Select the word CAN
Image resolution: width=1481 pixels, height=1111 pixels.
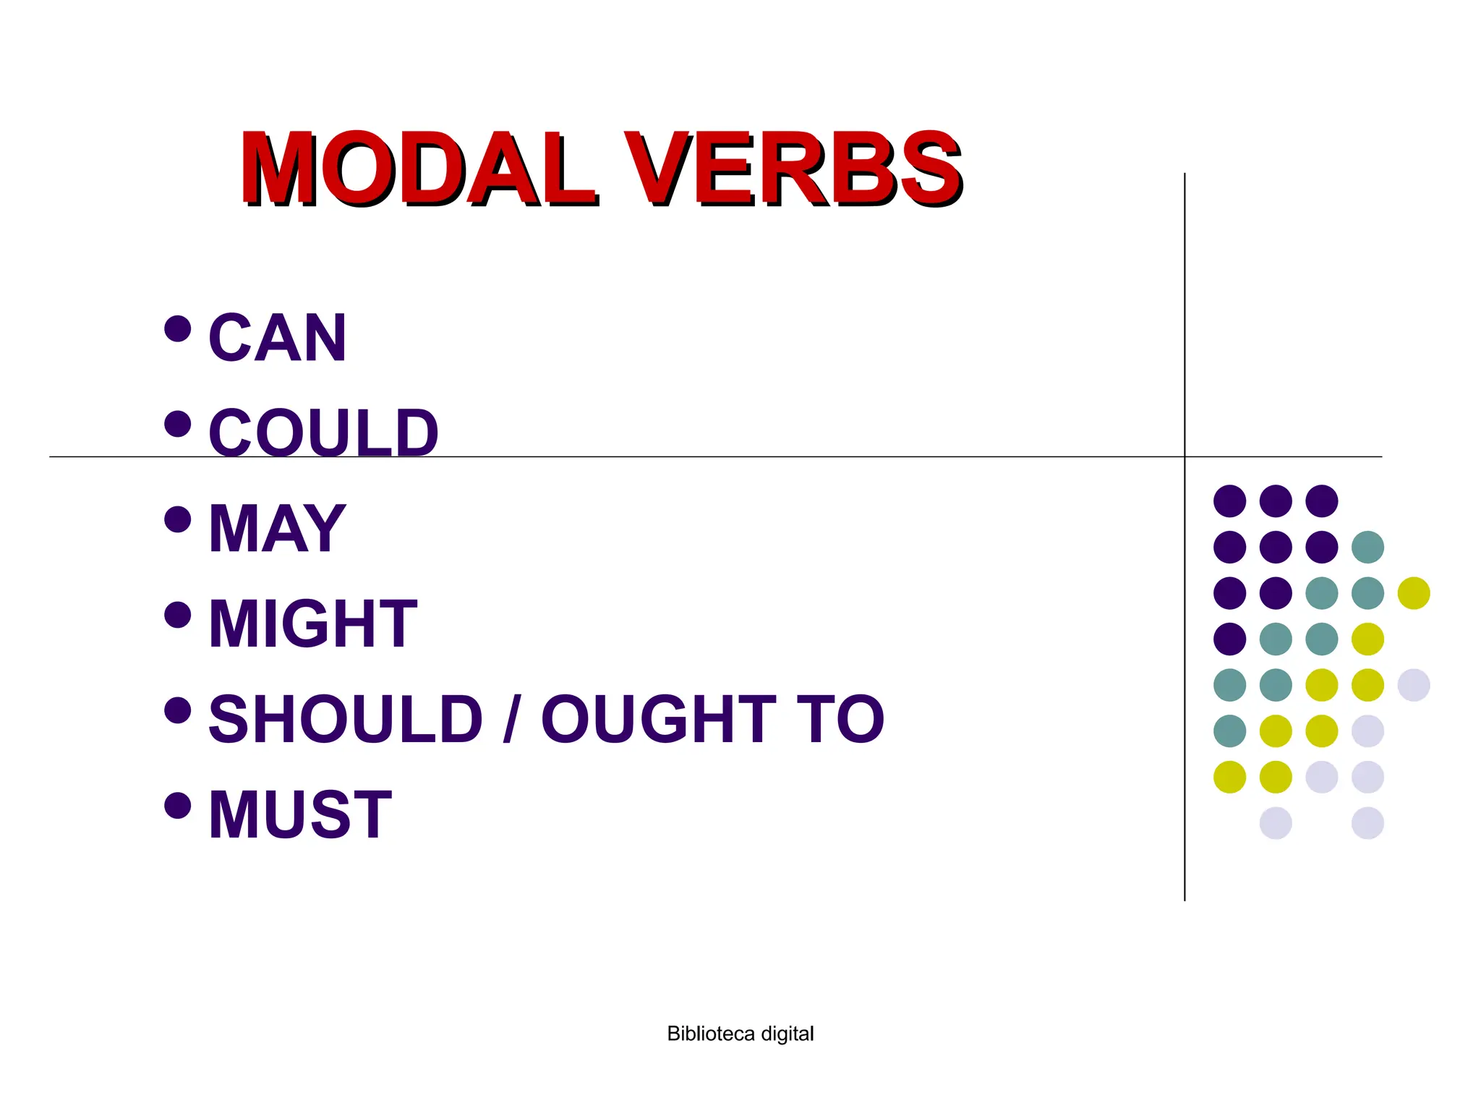(278, 338)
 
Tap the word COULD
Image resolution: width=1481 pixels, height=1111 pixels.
(324, 433)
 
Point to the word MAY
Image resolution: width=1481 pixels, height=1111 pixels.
(278, 529)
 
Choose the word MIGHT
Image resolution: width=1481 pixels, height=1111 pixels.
(312, 623)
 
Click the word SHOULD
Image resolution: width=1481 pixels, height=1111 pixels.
(346, 719)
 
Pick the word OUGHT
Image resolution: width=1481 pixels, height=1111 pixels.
(658, 719)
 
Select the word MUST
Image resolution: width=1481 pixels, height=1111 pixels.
(300, 814)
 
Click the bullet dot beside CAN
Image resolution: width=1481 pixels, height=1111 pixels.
(178, 328)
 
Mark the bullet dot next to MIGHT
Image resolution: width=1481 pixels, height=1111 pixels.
(178, 615)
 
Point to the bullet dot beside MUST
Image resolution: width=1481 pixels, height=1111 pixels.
(178, 805)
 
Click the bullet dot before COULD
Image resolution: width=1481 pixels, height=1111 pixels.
(178, 424)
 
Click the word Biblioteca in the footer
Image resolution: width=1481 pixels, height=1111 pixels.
(711, 1034)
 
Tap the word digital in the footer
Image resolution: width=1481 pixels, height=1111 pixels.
(788, 1034)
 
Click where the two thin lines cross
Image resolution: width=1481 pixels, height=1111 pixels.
(1185, 457)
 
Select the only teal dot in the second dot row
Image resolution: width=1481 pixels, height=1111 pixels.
(1367, 547)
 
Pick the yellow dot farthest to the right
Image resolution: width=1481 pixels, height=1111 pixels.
(1414, 593)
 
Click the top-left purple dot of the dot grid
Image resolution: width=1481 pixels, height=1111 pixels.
(1230, 501)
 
